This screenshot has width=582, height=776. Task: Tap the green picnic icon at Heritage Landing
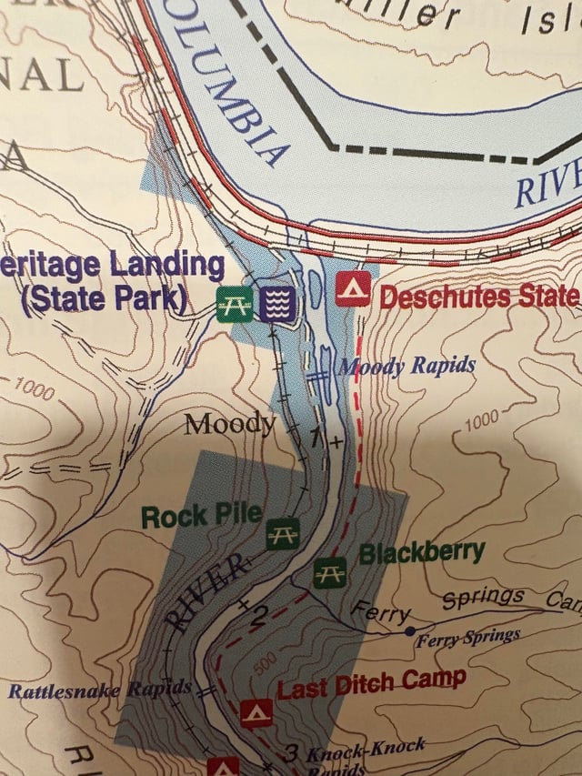(x=234, y=303)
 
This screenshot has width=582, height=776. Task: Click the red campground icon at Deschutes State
(x=353, y=288)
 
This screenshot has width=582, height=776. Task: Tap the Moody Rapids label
(x=406, y=366)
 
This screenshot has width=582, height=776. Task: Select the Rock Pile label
(x=201, y=516)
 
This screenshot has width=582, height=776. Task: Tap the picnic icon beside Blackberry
(x=329, y=571)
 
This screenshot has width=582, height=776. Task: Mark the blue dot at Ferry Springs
(x=410, y=630)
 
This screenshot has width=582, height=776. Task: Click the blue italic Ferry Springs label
(x=467, y=638)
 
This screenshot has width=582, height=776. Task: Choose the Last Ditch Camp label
(x=371, y=682)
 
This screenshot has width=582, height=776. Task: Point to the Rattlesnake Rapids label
(x=100, y=690)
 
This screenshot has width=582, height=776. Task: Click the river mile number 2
(x=258, y=618)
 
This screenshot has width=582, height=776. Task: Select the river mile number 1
(x=316, y=438)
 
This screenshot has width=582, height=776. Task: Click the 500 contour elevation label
(x=265, y=664)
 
